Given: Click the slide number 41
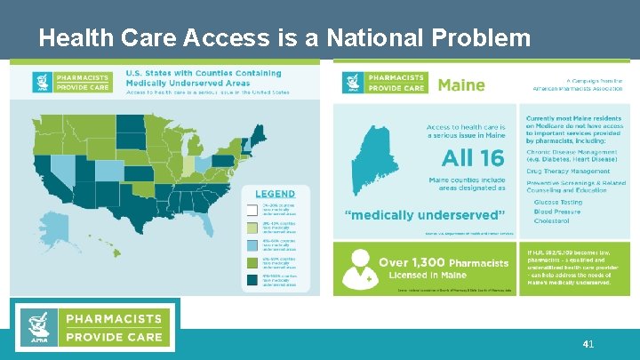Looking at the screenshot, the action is (588, 343).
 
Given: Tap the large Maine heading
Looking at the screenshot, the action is (460, 85).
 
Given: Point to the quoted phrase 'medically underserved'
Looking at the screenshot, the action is (425, 214).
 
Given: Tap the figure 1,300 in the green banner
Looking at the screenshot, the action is (424, 262).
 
